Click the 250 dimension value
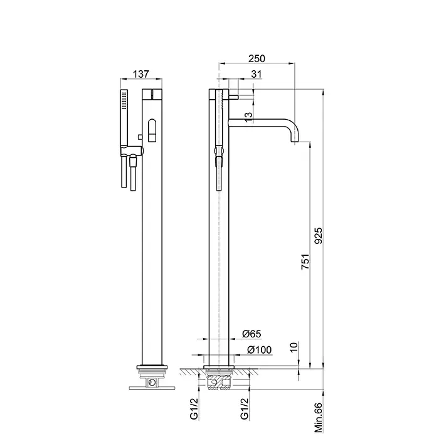(x=257, y=58)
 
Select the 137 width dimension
(x=141, y=74)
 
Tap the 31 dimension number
(x=256, y=74)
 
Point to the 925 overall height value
(x=319, y=235)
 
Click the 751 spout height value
(x=305, y=262)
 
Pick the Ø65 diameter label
(x=251, y=334)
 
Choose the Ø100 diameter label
(x=259, y=350)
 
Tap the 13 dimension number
(x=248, y=117)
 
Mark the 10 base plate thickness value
(x=294, y=347)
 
